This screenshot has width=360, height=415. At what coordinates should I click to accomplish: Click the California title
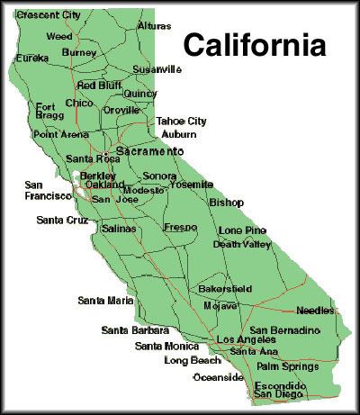(x=255, y=43)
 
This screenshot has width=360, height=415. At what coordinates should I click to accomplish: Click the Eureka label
(x=32, y=58)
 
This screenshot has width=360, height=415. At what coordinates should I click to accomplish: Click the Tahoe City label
(x=181, y=121)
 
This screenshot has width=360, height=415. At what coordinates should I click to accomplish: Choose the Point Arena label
(x=59, y=134)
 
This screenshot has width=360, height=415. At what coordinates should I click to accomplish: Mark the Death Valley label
(x=242, y=244)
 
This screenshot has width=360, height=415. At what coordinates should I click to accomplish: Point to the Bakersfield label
(x=225, y=289)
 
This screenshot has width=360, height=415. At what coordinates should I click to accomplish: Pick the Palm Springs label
(x=286, y=367)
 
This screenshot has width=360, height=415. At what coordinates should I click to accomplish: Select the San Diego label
(x=278, y=393)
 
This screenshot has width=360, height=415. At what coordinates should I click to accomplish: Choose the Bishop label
(x=225, y=203)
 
